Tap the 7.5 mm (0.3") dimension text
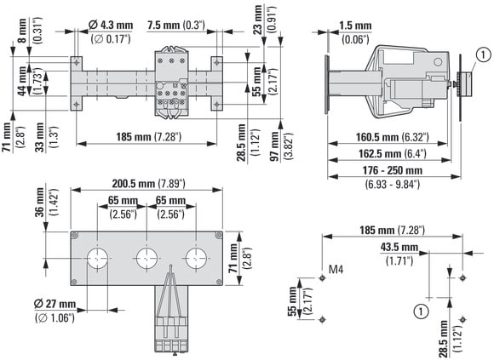click(176, 26)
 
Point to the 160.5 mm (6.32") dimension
click(393, 137)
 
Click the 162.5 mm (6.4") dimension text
click(393, 153)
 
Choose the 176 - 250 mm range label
click(393, 177)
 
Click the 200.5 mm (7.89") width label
click(149, 184)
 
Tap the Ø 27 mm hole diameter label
click(55, 311)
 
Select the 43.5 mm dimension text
click(399, 254)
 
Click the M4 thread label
click(336, 270)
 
